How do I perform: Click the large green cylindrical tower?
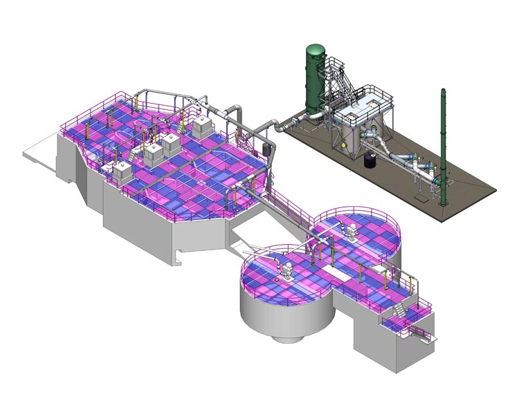[x=315, y=83]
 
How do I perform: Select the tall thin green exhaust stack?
[x=443, y=145]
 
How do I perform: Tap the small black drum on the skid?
[x=370, y=159]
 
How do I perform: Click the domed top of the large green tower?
[x=316, y=49]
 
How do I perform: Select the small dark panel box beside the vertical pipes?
[x=266, y=149]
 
